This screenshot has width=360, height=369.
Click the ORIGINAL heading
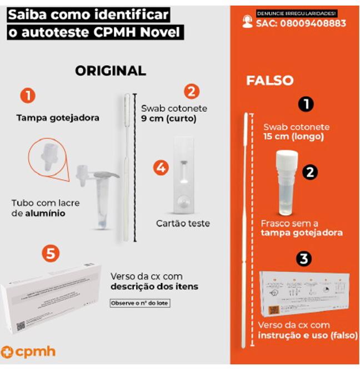110,70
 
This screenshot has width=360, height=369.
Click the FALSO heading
269,80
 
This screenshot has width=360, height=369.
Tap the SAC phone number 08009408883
301,23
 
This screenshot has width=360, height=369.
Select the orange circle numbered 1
28,96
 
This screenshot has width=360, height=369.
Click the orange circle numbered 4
161,168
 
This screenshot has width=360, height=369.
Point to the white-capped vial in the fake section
286,183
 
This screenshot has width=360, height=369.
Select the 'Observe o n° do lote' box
139,303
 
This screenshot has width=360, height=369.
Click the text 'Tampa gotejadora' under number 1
58,118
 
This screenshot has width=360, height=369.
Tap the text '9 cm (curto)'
165,119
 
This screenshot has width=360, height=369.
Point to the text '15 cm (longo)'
293,137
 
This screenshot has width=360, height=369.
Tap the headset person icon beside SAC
247,22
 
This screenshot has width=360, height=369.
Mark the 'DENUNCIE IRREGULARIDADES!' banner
297,13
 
